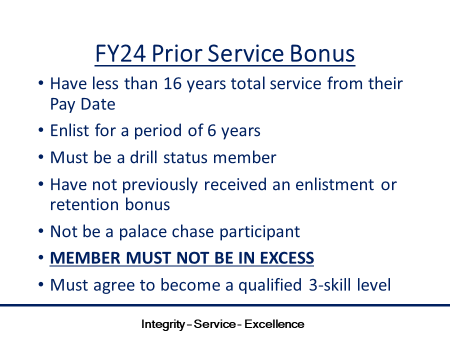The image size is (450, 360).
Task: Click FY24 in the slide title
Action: (120, 53)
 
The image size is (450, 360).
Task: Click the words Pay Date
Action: (82, 104)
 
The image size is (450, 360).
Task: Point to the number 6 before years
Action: (211, 130)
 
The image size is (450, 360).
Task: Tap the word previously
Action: (160, 184)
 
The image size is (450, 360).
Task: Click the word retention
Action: (84, 204)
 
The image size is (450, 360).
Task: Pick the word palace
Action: (142, 231)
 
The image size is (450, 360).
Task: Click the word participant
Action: (259, 231)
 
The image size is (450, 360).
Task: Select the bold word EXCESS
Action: (286, 258)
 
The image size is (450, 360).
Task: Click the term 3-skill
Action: (330, 285)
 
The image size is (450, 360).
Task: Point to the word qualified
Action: (270, 285)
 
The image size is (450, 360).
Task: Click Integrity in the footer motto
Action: (163, 324)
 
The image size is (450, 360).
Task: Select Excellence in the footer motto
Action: (274, 324)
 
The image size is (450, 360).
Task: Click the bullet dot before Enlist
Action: (41, 130)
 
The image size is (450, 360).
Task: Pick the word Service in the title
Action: (246, 53)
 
